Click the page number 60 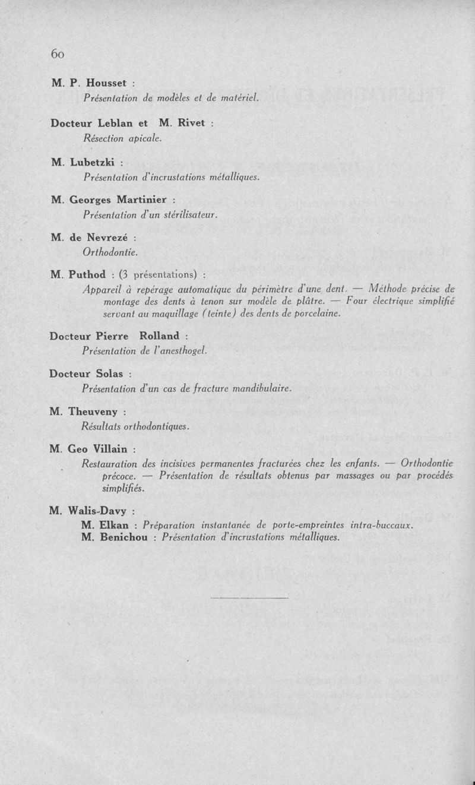(57, 54)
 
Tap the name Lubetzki (93, 162)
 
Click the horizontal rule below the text (249, 597)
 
